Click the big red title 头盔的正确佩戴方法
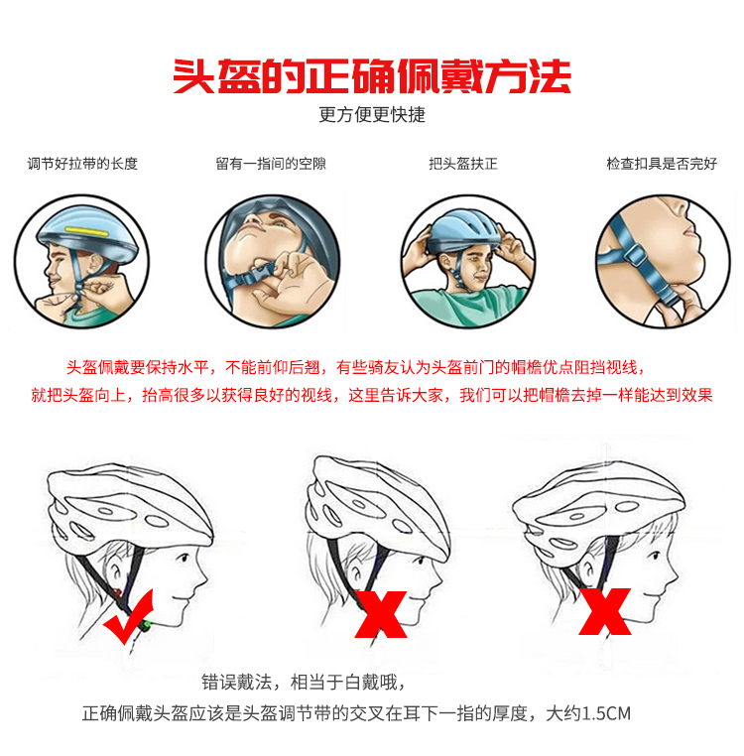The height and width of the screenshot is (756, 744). [x=372, y=76]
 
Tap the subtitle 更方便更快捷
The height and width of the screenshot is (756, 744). [x=372, y=115]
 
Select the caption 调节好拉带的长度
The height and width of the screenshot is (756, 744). [x=82, y=164]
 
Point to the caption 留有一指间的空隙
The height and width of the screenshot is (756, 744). [x=271, y=164]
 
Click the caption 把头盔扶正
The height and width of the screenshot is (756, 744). [x=463, y=164]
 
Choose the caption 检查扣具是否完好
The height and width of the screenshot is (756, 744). [x=662, y=164]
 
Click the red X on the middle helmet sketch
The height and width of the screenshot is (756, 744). [x=381, y=614]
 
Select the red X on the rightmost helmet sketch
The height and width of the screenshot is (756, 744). [x=605, y=611]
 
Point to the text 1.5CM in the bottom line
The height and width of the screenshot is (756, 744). [x=606, y=713]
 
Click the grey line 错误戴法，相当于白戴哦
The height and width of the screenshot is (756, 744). [x=303, y=683]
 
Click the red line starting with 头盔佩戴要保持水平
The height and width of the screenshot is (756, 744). [x=355, y=367]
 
